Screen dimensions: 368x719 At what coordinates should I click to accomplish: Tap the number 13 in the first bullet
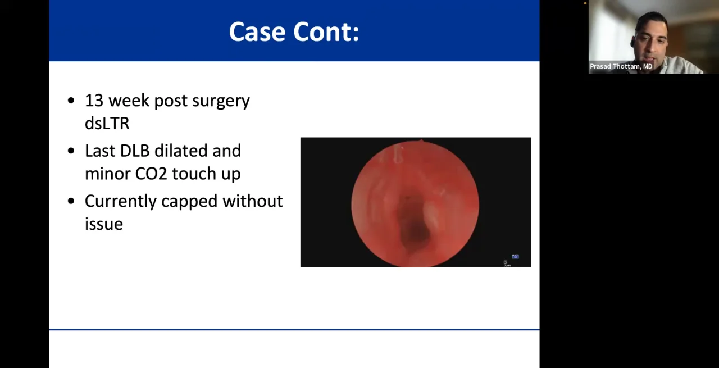pyautogui.click(x=94, y=101)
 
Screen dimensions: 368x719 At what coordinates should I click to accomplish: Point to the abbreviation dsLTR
pyautogui.click(x=107, y=123)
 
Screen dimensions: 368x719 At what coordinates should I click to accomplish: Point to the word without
pyautogui.click(x=252, y=201)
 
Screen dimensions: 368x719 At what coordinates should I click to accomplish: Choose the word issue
pyautogui.click(x=103, y=224)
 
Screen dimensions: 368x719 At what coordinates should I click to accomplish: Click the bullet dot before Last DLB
pyautogui.click(x=71, y=151)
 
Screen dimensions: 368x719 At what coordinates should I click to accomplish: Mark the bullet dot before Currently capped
pyautogui.click(x=71, y=201)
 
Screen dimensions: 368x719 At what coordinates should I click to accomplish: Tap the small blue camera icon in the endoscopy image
pyautogui.click(x=515, y=257)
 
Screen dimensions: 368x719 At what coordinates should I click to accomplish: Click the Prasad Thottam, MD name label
pyautogui.click(x=621, y=66)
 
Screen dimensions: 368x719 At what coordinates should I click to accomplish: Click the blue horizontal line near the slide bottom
pyautogui.click(x=294, y=330)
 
